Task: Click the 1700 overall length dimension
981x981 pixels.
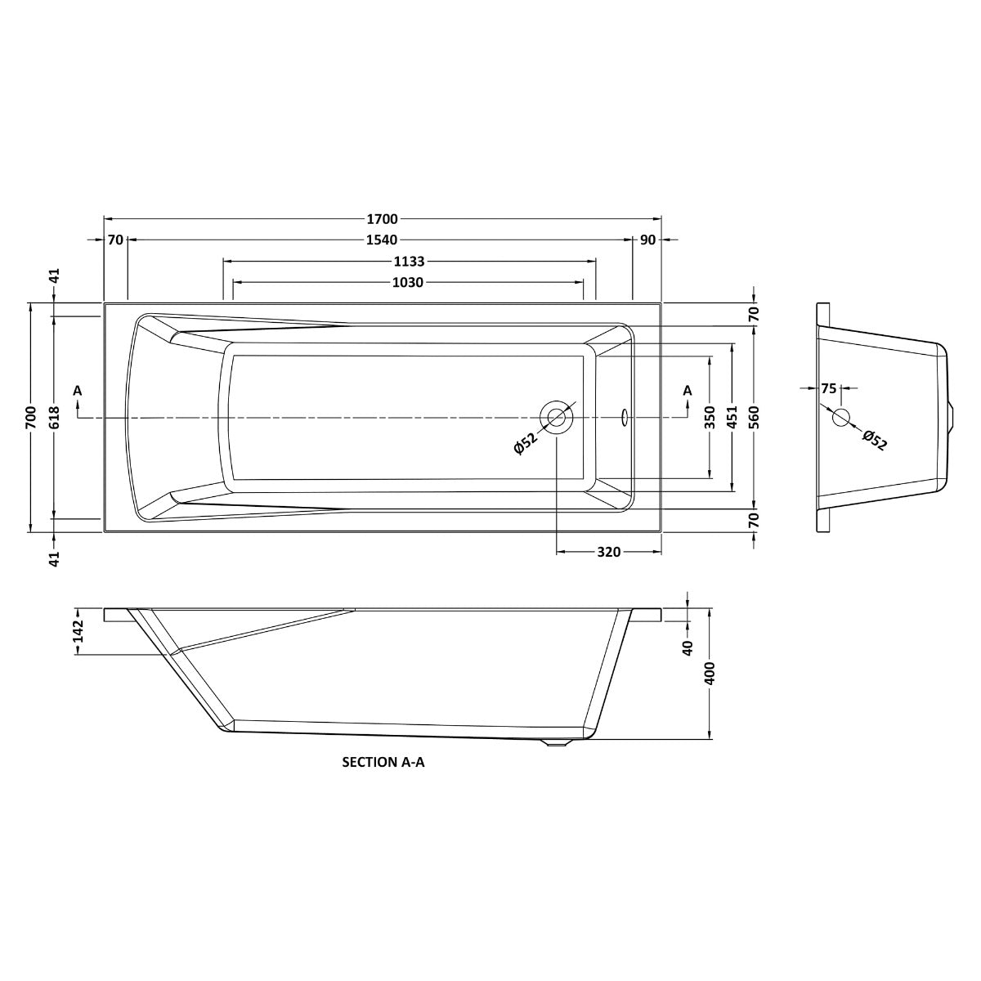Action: tap(382, 219)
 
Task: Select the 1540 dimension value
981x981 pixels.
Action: tap(382, 240)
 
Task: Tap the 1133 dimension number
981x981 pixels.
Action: tap(410, 262)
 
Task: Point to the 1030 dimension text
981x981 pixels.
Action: tap(408, 283)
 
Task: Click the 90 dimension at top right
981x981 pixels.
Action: tap(647, 240)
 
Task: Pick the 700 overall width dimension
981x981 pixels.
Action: tap(32, 418)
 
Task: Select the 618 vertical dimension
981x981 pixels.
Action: tap(55, 418)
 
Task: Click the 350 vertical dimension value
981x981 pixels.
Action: tap(710, 418)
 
